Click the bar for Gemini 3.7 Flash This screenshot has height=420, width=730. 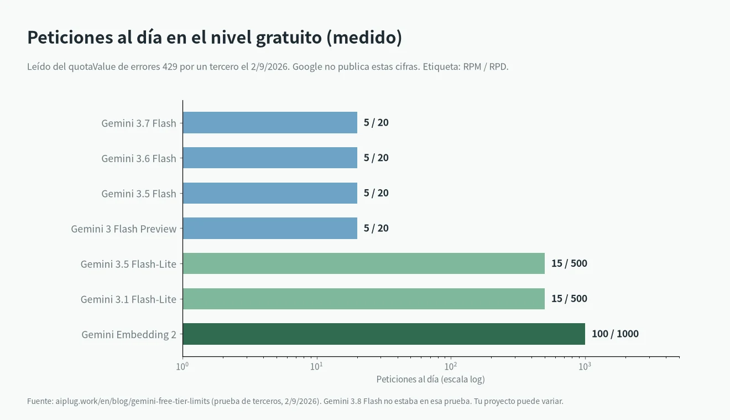[270, 123]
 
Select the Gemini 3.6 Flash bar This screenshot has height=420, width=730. [270, 158]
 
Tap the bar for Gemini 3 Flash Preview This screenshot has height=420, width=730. [270, 228]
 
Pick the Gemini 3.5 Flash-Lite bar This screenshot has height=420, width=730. [364, 263]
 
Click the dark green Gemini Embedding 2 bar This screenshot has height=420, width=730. [384, 334]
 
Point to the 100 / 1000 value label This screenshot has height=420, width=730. [615, 334]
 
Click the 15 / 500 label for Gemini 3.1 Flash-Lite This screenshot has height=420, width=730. [569, 299]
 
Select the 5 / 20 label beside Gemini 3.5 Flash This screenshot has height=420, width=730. [376, 193]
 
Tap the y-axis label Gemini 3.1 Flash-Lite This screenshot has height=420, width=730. [128, 299]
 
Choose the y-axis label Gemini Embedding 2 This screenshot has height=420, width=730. [129, 335]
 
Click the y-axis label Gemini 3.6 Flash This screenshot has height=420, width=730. [138, 158]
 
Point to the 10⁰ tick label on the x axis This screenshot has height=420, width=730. [182, 366]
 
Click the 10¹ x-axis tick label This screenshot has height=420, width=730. [316, 366]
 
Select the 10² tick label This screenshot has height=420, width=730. [451, 366]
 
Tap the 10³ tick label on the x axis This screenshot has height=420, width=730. [585, 366]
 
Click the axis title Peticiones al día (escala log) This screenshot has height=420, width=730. [430, 379]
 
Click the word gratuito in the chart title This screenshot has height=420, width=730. [289, 38]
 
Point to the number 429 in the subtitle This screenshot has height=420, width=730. [170, 66]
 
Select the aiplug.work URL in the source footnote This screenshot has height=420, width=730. [132, 401]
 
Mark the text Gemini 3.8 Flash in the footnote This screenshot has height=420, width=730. [352, 401]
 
